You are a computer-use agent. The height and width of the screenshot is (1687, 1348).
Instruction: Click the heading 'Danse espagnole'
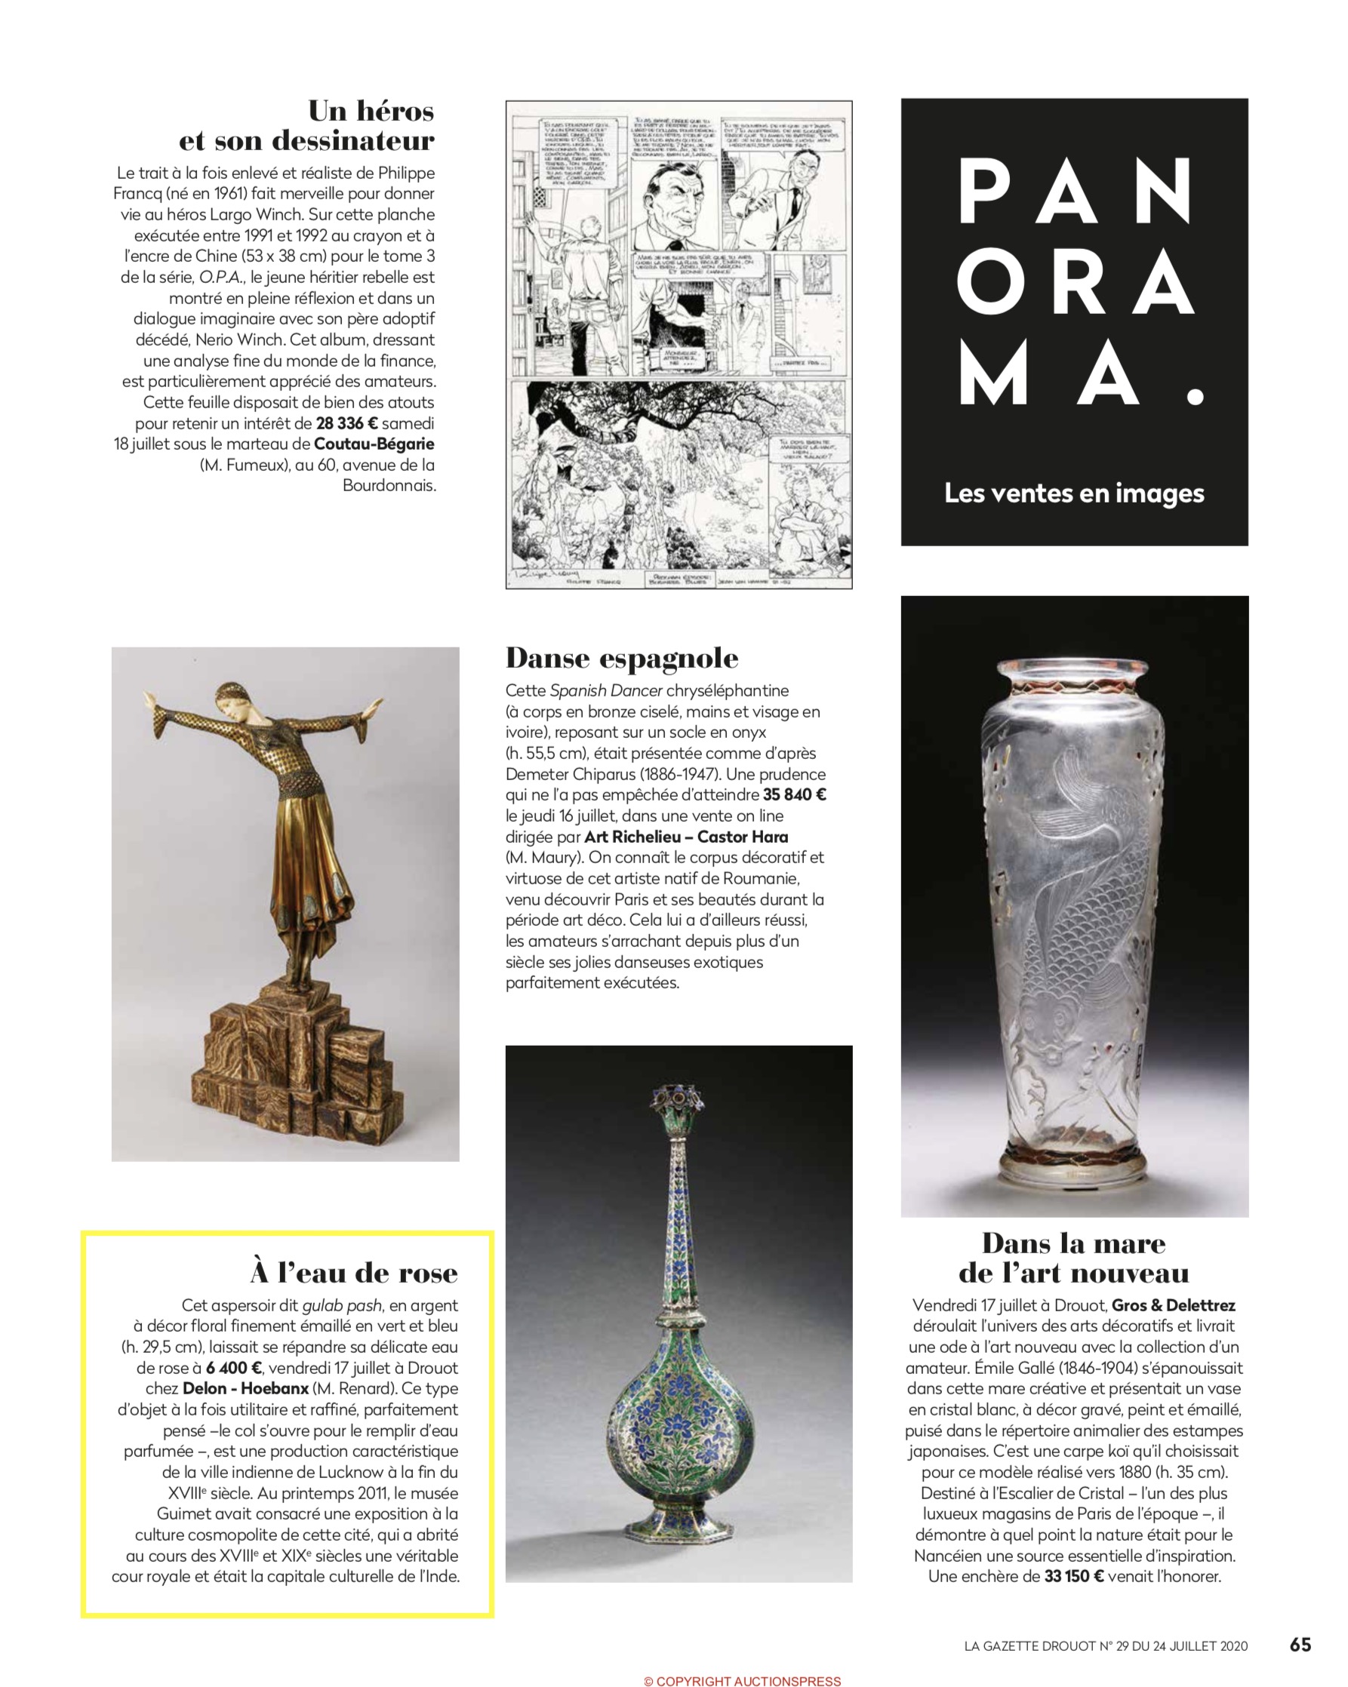pos(622,658)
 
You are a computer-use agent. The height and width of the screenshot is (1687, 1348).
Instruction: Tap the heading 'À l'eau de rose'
pos(354,1273)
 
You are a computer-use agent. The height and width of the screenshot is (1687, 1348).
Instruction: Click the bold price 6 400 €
pos(234,1368)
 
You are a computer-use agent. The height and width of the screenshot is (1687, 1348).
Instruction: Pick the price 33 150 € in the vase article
pos(1073,1577)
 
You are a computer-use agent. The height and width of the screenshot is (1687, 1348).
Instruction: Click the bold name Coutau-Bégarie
pos(374,444)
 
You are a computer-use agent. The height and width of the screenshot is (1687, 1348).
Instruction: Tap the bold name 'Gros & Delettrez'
pos(1174,1305)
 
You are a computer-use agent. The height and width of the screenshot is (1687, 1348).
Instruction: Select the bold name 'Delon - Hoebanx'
pos(245,1389)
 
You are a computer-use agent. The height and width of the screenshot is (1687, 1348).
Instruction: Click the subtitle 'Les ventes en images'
pos(1074,493)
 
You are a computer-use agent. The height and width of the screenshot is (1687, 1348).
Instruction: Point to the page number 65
pos(1300,1646)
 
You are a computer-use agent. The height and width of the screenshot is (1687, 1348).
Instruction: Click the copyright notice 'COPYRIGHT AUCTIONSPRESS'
pos(741,1680)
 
